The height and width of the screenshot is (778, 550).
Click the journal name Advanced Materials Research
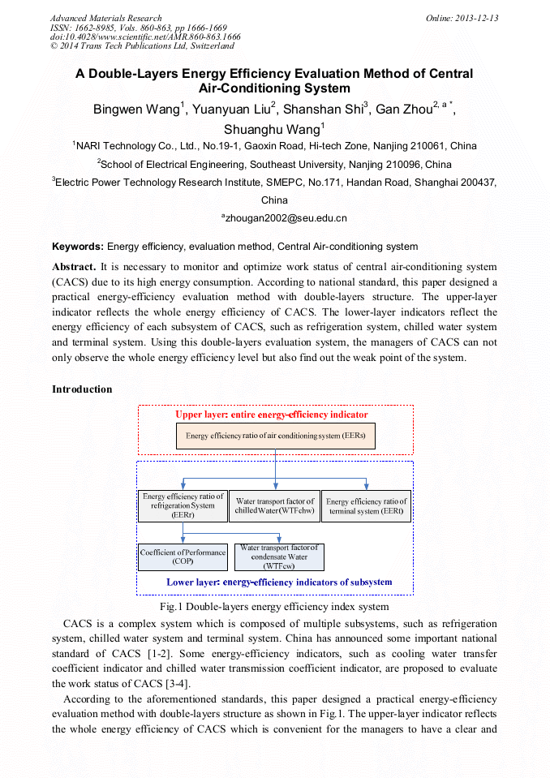[106, 18]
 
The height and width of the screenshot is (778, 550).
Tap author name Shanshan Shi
[324, 110]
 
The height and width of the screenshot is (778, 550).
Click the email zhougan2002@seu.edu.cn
[285, 218]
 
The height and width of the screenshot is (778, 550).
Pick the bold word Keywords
[78, 247]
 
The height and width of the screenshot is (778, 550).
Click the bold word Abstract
[74, 267]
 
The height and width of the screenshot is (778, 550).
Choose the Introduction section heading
[82, 389]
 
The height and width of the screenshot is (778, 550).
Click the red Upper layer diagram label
[272, 415]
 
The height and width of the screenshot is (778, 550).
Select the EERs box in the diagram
[276, 436]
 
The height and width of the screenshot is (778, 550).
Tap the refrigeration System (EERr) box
[183, 505]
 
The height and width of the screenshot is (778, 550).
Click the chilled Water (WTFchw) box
[274, 505]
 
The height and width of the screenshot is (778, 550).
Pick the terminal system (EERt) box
[366, 505]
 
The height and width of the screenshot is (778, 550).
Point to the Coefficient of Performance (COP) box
[183, 557]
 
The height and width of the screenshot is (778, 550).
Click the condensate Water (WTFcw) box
[279, 557]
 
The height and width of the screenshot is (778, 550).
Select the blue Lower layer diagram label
[279, 582]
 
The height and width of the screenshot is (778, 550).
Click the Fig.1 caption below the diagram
[275, 607]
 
